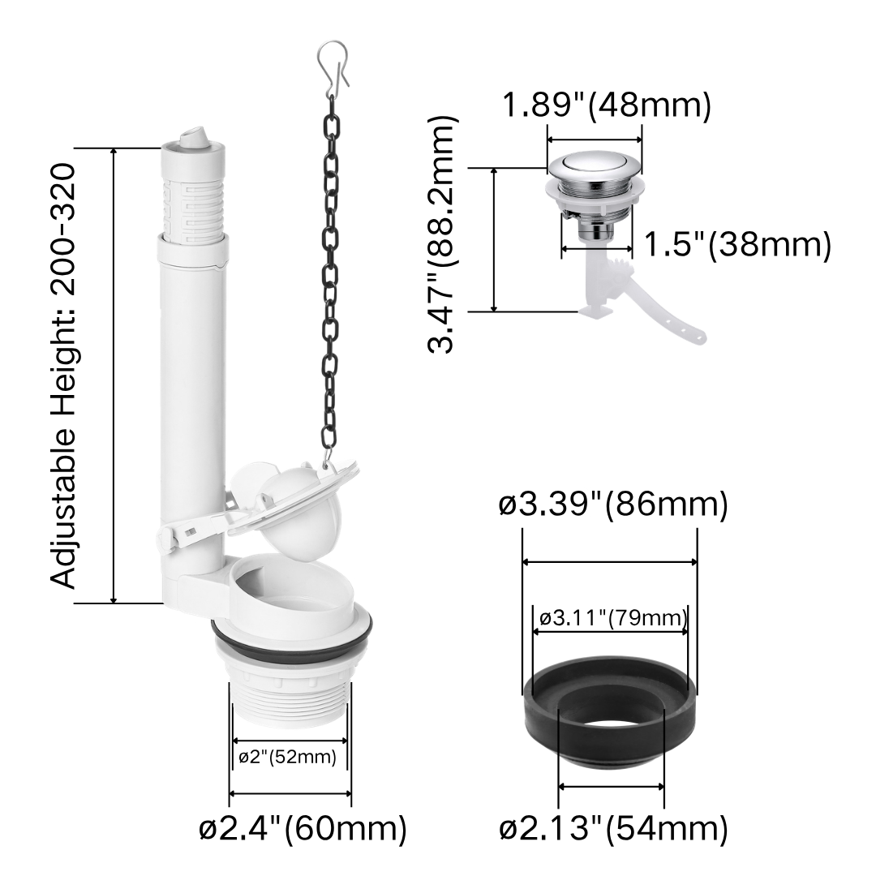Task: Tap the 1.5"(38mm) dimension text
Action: [737, 244]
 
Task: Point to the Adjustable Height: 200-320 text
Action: [62, 376]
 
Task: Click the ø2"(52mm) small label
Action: [288, 757]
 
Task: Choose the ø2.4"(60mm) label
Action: [303, 828]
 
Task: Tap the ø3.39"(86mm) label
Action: [613, 505]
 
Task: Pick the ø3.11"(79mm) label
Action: [613, 618]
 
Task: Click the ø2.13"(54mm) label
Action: [613, 828]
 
